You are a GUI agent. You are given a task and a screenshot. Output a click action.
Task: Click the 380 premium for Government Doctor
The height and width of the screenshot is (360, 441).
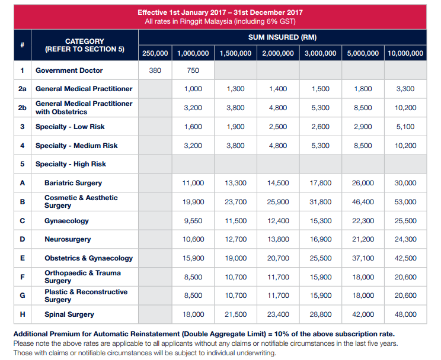pos(155,70)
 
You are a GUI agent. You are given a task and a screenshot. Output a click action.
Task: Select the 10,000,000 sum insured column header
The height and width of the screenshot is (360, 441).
pos(405,53)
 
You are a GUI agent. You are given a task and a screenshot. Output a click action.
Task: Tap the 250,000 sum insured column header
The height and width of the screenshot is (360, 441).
pos(155,53)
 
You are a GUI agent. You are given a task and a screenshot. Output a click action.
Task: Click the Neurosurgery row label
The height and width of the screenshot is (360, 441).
pos(68,239)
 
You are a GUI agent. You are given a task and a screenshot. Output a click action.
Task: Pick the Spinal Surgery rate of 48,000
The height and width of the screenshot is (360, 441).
pos(405,314)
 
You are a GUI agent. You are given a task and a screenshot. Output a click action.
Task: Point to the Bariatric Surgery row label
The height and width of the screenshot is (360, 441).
pos(73,183)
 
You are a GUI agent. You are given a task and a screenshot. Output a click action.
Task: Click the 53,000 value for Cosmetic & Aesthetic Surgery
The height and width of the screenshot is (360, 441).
pos(405,202)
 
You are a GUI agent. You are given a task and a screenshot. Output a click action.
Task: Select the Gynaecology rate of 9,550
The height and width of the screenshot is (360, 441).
pos(193,221)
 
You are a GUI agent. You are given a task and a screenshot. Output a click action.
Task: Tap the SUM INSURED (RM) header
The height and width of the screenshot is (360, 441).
pos(282,37)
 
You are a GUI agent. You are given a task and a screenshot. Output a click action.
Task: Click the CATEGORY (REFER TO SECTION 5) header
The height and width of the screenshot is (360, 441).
pos(85,45)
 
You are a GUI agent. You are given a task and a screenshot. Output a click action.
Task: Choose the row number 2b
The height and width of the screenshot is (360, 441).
pos(22,108)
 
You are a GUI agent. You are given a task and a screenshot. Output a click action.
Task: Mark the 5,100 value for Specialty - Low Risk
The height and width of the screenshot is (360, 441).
pos(405,127)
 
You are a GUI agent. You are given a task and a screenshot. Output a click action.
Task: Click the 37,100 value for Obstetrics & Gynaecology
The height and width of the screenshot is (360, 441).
pos(363,258)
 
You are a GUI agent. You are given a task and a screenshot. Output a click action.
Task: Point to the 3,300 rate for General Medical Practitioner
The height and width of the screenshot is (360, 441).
pos(405,89)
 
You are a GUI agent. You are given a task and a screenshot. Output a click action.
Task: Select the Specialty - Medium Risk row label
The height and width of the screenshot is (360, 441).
pos(76,146)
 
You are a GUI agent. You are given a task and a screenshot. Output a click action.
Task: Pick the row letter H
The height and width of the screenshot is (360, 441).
pos(22,314)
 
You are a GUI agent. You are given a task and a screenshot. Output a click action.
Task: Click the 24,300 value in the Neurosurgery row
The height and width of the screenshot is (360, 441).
pos(405,239)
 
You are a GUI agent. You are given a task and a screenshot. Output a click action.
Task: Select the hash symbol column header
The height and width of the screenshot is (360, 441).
pos(22,45)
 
